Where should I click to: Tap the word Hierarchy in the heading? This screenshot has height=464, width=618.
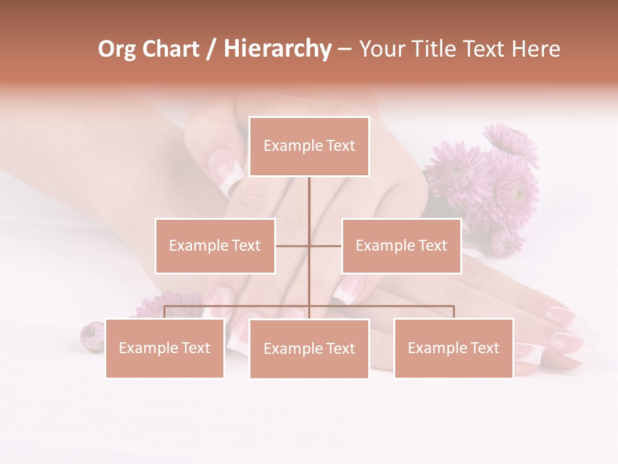277,49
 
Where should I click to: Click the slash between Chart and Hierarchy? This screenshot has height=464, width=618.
211,49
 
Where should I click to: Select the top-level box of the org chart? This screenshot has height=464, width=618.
309,146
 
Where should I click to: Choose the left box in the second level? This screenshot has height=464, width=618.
215,246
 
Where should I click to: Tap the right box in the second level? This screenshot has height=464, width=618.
401,246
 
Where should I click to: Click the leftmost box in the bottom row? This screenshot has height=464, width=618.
165,348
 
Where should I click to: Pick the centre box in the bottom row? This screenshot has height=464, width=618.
309,349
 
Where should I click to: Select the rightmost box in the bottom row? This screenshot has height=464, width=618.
453,348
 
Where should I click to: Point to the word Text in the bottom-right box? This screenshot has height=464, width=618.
484,348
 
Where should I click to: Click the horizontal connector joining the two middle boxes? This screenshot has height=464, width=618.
293,246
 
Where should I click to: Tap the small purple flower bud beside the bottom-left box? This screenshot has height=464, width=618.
91,336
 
